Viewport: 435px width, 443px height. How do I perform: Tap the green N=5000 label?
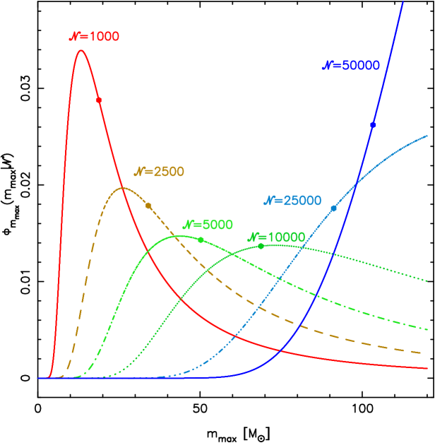pyautogui.click(x=208, y=225)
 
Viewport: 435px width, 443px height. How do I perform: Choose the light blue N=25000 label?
pyautogui.click(x=292, y=201)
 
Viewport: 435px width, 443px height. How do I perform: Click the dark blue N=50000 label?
pyautogui.click(x=351, y=65)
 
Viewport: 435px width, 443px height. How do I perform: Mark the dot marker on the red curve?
pyautogui.click(x=99, y=100)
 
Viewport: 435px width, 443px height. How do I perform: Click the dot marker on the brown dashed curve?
pyautogui.click(x=148, y=206)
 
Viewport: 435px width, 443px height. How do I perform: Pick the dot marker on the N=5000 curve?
pyautogui.click(x=201, y=240)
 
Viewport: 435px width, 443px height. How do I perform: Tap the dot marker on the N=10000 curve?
pyautogui.click(x=261, y=246)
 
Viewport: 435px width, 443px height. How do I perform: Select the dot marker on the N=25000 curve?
pyautogui.click(x=334, y=208)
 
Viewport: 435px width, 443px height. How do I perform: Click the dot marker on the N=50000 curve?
pyautogui.click(x=373, y=125)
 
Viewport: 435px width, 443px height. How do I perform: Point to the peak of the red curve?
pyautogui.click(x=81, y=49)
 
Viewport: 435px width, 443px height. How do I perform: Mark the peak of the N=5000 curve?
pyautogui.click(x=177, y=236)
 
